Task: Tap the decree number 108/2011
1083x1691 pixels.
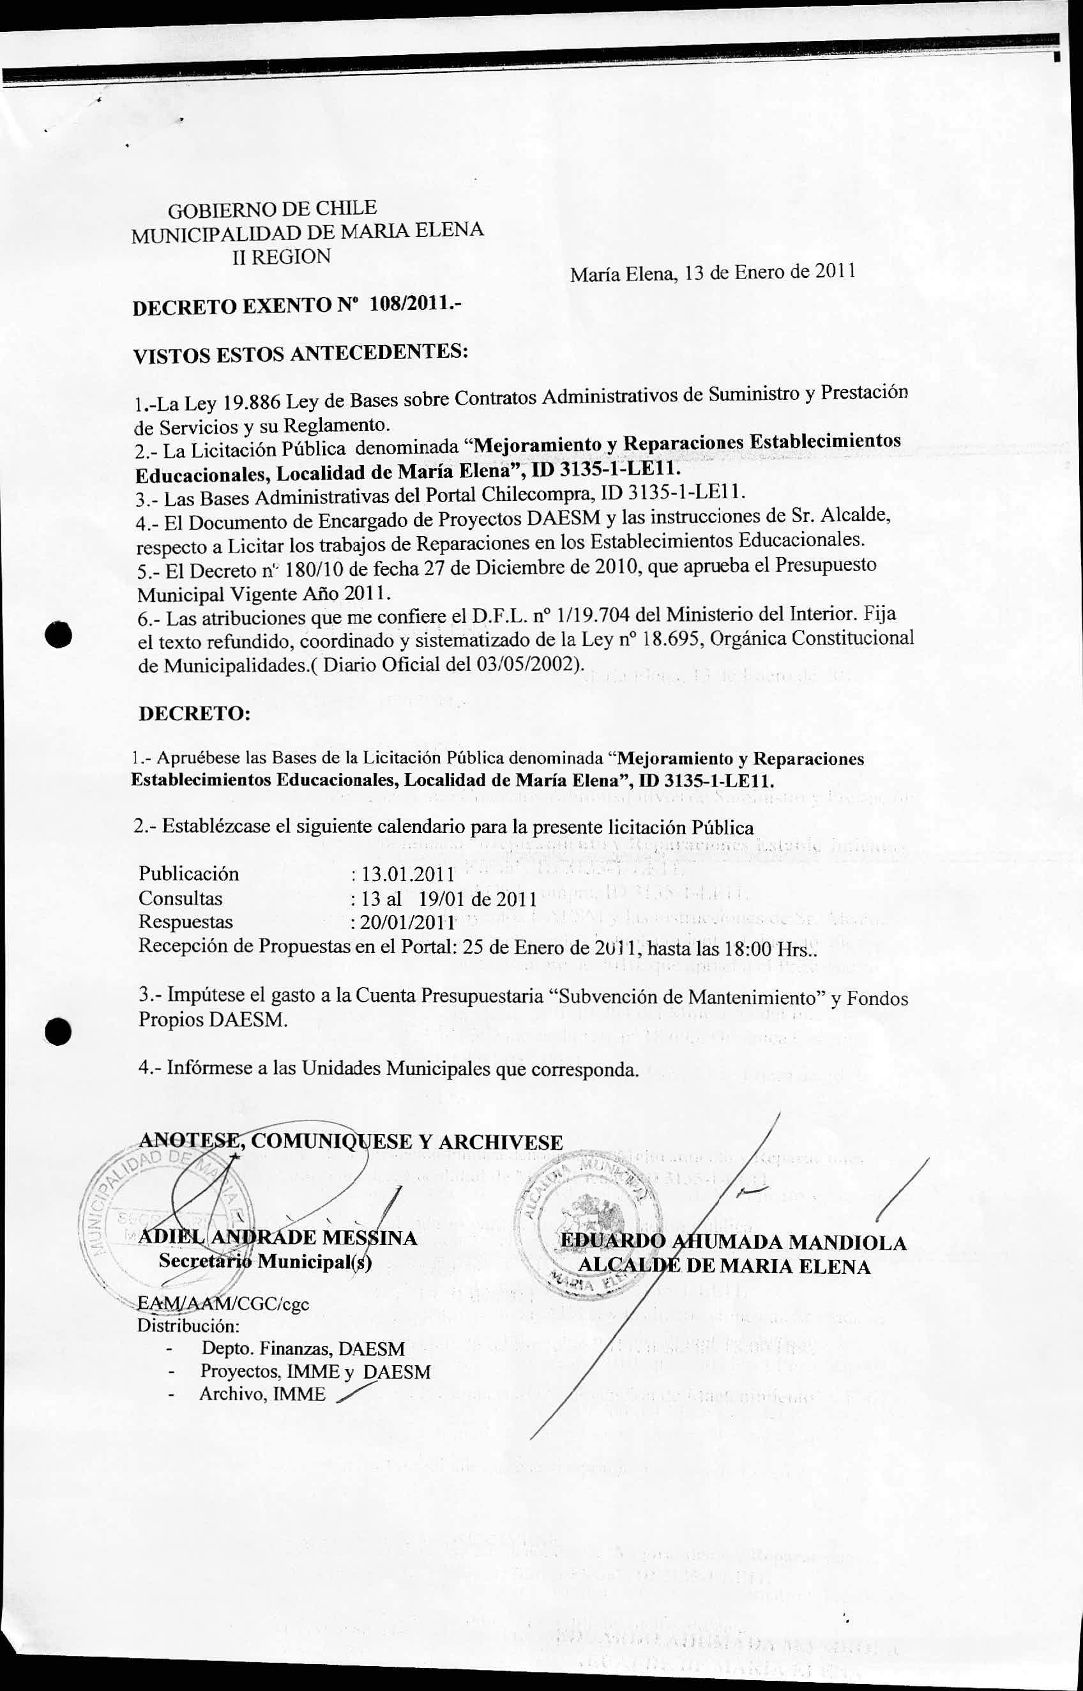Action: click(407, 305)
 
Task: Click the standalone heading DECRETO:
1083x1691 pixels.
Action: click(194, 713)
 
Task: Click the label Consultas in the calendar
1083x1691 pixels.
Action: click(180, 898)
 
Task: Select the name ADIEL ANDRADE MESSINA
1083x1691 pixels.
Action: click(278, 1237)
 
